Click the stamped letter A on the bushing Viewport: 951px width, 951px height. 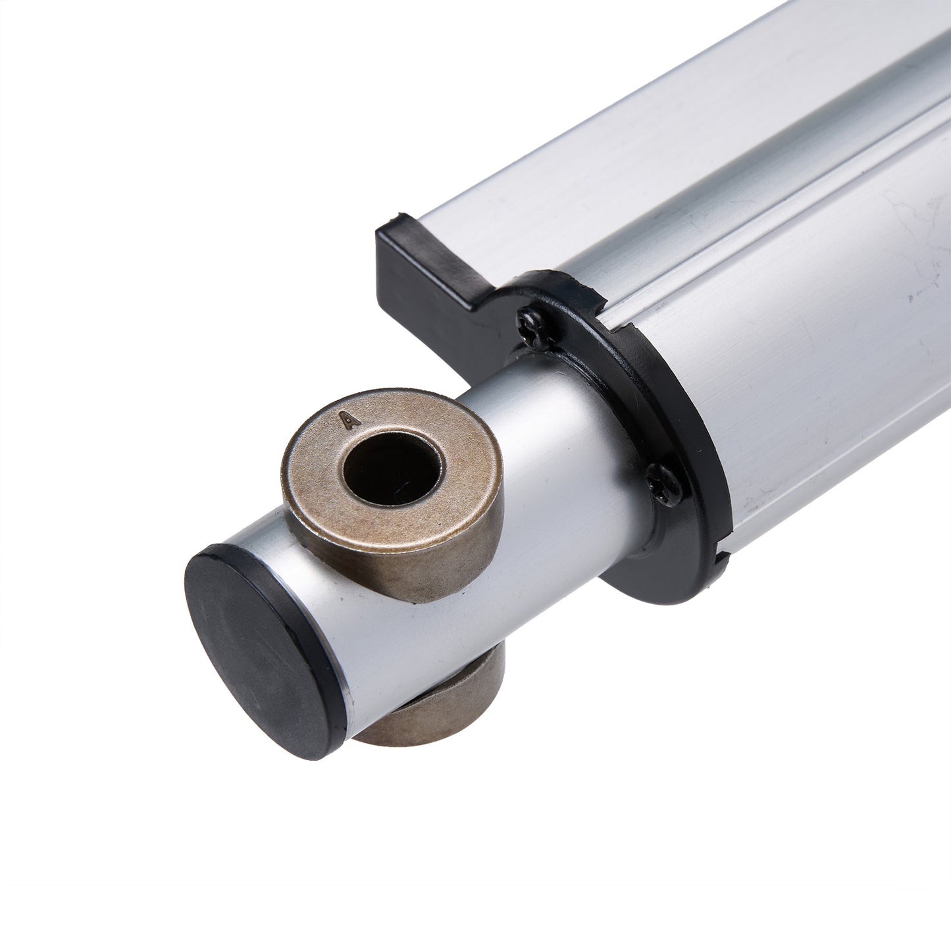[x=350, y=421]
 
